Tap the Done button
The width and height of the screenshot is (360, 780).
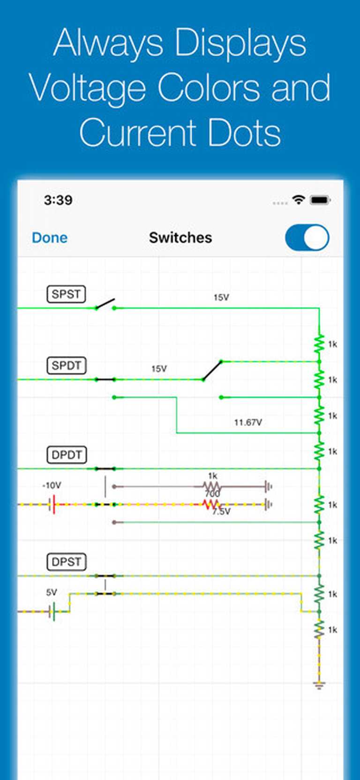click(50, 238)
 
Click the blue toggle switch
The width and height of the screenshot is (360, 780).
click(307, 238)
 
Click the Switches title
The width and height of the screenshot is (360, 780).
click(180, 238)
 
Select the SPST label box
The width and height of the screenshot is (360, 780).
click(66, 294)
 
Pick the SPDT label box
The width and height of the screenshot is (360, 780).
click(67, 365)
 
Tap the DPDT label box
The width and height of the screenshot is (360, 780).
click(67, 455)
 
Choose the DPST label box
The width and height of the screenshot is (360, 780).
click(67, 562)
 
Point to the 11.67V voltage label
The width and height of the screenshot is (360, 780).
click(248, 422)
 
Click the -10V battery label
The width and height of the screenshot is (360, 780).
click(52, 486)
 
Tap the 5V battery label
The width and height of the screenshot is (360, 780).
click(52, 592)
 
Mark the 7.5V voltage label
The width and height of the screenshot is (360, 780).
click(221, 511)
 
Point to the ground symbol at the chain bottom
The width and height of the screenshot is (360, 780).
click(319, 685)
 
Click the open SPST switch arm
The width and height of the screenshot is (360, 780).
click(105, 303)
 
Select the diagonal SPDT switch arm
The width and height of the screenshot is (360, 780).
click(212, 370)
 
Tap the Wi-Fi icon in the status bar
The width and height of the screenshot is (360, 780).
click(298, 200)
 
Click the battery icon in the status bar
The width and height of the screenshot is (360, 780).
click(321, 200)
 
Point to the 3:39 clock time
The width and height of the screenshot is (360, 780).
click(58, 200)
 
